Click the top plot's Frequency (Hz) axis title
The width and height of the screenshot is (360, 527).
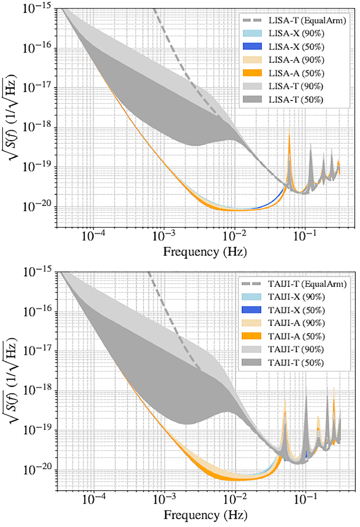pyautogui.click(x=205, y=252)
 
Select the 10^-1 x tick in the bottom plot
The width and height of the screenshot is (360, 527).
pyautogui.click(x=305, y=500)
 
